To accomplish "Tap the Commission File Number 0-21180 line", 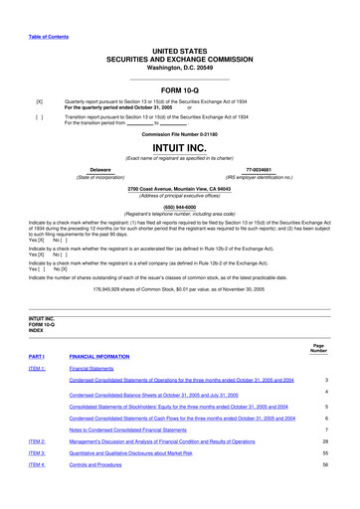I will coord(179,133).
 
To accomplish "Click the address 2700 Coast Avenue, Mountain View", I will coord(179,188).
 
